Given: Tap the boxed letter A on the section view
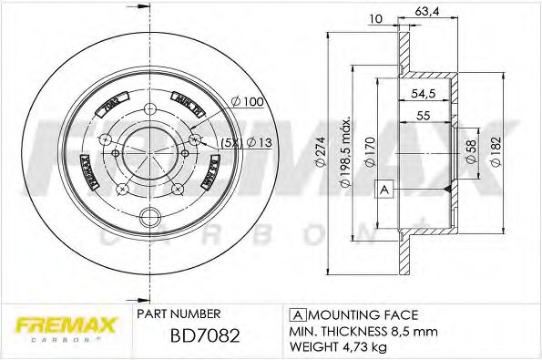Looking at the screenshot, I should coord(384,190).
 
